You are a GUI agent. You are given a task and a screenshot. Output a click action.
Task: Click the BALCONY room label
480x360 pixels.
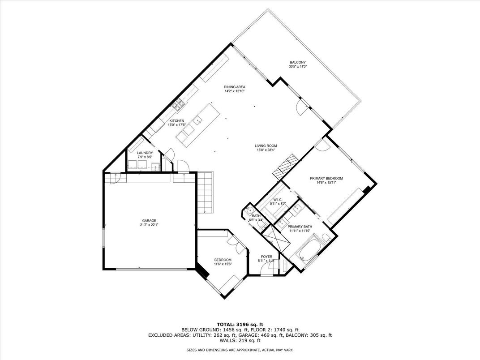click(x=298, y=62)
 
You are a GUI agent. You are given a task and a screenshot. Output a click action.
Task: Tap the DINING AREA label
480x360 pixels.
click(x=235, y=87)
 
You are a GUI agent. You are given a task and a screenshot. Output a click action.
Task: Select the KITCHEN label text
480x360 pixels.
click(x=177, y=121)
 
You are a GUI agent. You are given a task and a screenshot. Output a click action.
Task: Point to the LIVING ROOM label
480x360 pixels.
click(x=266, y=146)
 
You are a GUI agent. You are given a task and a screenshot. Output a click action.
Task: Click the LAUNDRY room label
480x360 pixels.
click(x=145, y=153)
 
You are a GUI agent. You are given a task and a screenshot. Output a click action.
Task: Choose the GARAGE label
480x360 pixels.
click(x=149, y=221)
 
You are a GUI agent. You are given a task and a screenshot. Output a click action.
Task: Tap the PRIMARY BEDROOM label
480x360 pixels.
click(x=326, y=179)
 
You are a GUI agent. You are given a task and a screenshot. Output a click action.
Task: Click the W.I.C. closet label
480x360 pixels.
click(x=278, y=200)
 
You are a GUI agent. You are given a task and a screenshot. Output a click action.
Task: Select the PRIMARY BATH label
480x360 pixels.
click(x=300, y=227)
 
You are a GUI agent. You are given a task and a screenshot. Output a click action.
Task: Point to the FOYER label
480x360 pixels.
click(x=266, y=257)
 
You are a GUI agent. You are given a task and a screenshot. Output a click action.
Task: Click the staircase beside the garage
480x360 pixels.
click(x=205, y=192)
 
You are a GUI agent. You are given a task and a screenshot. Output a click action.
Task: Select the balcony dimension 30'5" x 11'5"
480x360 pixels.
click(x=298, y=66)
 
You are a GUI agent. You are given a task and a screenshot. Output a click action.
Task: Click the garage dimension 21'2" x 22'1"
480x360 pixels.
click(x=149, y=225)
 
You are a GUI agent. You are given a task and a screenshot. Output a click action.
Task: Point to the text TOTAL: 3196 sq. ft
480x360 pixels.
click(x=240, y=325)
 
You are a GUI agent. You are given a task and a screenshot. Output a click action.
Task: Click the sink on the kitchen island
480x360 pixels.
click(x=198, y=120)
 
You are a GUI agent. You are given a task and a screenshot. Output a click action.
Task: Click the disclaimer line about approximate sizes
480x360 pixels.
click(x=240, y=350)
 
